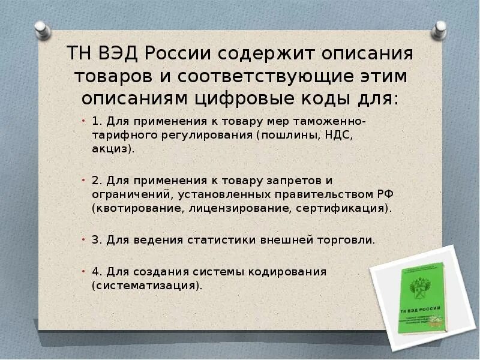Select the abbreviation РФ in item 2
[x=385, y=194]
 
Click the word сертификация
[x=340, y=208]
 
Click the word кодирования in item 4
[x=281, y=272]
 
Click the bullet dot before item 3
[x=84, y=239]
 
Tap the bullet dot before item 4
[x=84, y=271]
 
